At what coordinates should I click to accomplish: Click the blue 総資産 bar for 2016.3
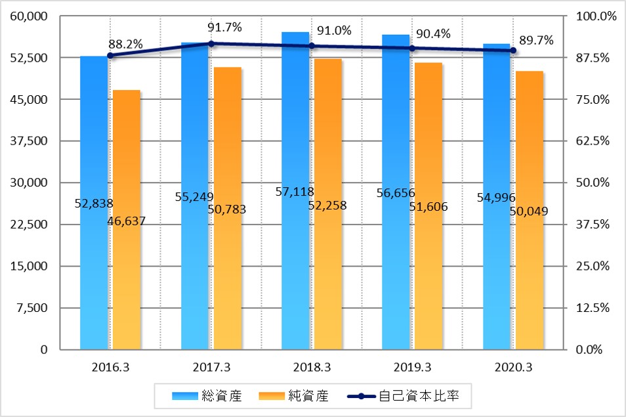click(x=94, y=263)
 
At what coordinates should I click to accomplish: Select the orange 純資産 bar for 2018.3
click(x=328, y=276)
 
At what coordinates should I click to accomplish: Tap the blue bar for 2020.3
click(x=497, y=276)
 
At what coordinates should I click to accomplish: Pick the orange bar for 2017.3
click(x=228, y=276)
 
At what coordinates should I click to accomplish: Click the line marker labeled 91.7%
click(x=211, y=43)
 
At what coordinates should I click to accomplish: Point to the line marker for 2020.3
click(x=514, y=51)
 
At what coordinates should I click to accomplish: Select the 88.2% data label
click(x=125, y=43)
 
